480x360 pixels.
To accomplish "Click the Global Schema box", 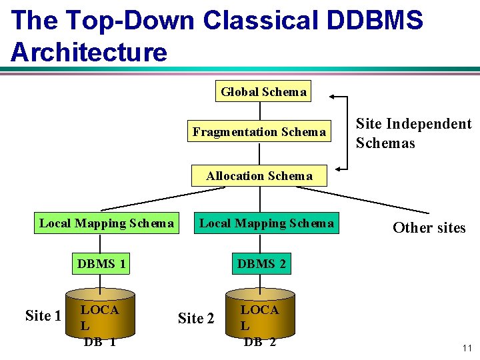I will click(x=263, y=92).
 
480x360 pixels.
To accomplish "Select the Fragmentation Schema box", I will click(x=259, y=132).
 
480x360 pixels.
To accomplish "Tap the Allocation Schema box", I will click(x=259, y=176).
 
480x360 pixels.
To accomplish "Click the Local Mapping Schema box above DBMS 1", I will click(x=107, y=223).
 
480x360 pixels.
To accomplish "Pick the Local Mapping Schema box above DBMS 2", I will click(x=267, y=223).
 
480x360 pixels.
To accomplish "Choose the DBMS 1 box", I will click(x=101, y=264).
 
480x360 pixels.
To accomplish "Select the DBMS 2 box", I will click(x=261, y=264).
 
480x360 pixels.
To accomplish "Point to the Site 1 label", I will click(x=43, y=315).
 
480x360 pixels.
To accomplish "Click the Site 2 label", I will click(x=196, y=319).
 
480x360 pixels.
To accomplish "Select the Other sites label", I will click(x=429, y=228).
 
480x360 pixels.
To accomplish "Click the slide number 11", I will click(x=466, y=347).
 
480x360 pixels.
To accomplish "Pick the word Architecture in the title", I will click(x=89, y=52).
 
